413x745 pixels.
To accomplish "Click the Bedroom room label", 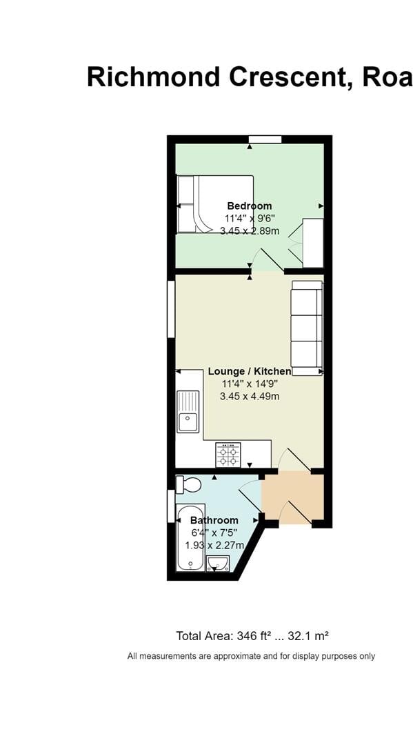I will pyautogui.click(x=250, y=206).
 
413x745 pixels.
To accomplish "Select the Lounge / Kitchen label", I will pyautogui.click(x=250, y=371).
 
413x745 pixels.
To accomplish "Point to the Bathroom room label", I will pyautogui.click(x=214, y=520).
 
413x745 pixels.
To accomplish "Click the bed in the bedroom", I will pyautogui.click(x=214, y=204).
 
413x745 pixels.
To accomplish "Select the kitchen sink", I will pyautogui.click(x=188, y=412).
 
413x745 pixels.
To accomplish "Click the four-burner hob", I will pyautogui.click(x=228, y=455).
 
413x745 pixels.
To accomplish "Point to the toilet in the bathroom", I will pyautogui.click(x=188, y=485).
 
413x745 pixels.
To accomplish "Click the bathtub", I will pyautogui.click(x=190, y=538).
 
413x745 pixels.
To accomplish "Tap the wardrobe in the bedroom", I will pyautogui.click(x=312, y=243).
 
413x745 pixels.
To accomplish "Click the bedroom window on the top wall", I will pyautogui.click(x=265, y=139).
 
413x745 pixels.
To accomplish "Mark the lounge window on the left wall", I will pyautogui.click(x=171, y=309).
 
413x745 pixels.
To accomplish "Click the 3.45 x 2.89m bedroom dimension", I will pyautogui.click(x=250, y=231).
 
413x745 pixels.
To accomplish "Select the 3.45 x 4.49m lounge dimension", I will pyautogui.click(x=250, y=396).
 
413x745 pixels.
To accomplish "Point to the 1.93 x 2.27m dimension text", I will pyautogui.click(x=214, y=545).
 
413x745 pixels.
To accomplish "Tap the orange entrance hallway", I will pyautogui.click(x=293, y=498).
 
